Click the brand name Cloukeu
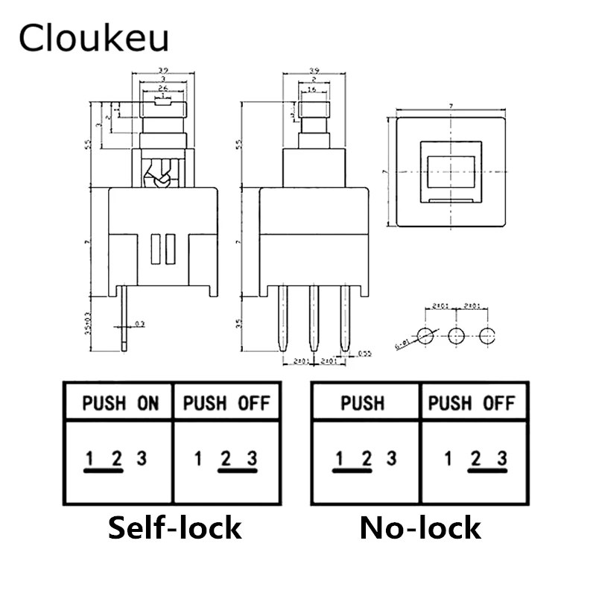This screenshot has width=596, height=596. coord(94,38)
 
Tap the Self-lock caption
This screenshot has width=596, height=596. coord(174,527)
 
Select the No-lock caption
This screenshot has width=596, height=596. coord(420,527)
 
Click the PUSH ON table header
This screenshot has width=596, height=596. coord(120,404)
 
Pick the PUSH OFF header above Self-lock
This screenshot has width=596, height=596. coord(226,404)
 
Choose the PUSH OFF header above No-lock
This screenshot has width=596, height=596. coord(472,404)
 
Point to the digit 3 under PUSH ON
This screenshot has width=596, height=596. coord(141,458)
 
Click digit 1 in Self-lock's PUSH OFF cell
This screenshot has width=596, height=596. coord(198,458)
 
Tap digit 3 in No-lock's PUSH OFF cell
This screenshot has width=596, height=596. coord(502,458)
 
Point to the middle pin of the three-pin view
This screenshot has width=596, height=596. coord(314,318)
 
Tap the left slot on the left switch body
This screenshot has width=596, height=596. coord(156,249)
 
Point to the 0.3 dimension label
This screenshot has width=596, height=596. coord(141,324)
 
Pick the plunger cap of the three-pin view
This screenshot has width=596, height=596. coord(314,112)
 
